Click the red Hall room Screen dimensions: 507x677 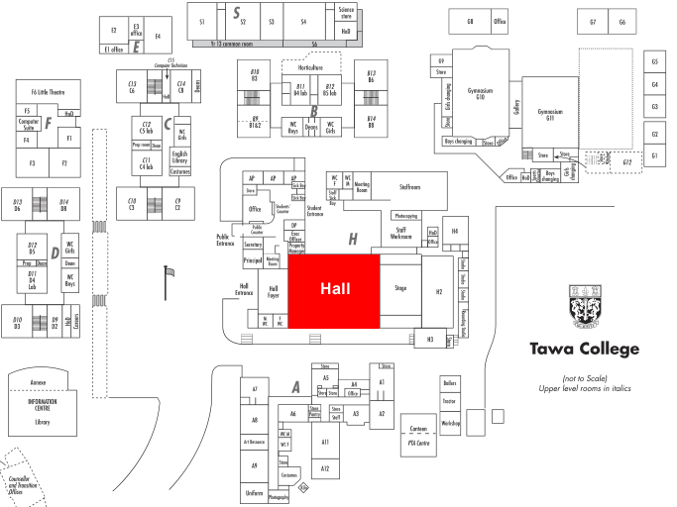coord(333,288)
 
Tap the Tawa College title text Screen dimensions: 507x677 coord(585,349)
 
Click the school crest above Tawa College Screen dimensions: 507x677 coord(585,307)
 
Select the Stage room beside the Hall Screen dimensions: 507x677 coord(400,288)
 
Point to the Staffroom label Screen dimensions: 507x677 coord(410,185)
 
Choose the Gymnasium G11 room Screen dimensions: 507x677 coord(549,114)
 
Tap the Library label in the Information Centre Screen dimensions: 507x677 coord(42,422)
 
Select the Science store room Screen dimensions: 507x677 coord(345,14)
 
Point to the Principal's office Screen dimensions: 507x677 coord(252,260)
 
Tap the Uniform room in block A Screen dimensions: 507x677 coord(254,492)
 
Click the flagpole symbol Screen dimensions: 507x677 coord(169,271)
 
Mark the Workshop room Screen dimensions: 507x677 coord(451,423)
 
